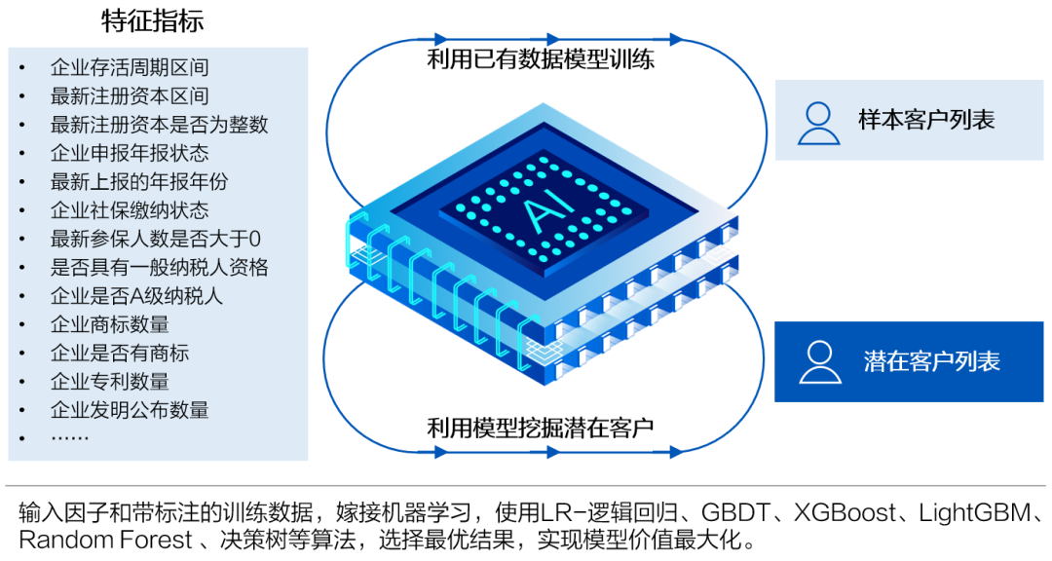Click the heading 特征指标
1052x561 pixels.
coord(152,20)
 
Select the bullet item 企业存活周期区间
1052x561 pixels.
coord(130,67)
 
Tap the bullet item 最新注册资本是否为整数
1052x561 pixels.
coord(159,124)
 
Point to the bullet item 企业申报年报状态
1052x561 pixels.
coord(130,153)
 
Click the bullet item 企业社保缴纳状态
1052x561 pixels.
coord(130,210)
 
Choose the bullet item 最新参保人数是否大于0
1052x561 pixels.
coord(156,239)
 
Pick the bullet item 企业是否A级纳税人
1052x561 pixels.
coord(136,296)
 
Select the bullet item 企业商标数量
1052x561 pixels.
coord(110,324)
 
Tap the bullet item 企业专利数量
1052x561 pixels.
coord(110,382)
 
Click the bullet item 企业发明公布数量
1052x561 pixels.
coord(130,410)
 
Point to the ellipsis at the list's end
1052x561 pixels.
coord(70,438)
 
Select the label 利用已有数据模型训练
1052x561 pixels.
coord(541,59)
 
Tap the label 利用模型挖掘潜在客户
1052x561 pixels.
coord(541,428)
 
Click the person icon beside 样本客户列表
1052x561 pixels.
coord(818,123)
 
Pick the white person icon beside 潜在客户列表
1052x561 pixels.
coord(820,361)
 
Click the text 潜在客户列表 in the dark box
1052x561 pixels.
coord(931,361)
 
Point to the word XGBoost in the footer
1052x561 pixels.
coord(844,513)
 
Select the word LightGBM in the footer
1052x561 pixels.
coord(974,513)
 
